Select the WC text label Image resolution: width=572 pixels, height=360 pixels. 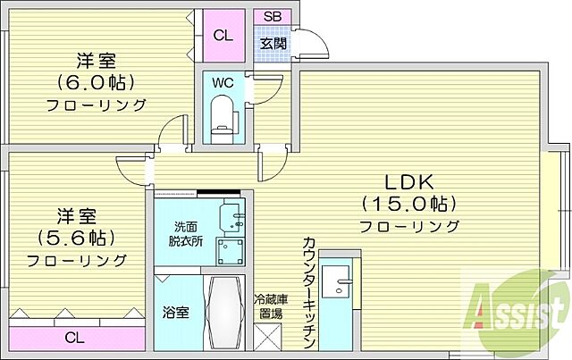(x=223, y=83)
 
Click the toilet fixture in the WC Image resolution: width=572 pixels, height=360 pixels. (x=221, y=116)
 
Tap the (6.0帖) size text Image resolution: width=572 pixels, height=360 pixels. (x=97, y=83)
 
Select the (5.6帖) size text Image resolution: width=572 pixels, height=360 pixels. (x=75, y=239)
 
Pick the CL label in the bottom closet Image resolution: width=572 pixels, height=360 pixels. (x=75, y=338)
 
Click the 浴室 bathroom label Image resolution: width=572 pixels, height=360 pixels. (x=175, y=314)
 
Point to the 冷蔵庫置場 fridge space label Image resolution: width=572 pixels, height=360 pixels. (x=269, y=306)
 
